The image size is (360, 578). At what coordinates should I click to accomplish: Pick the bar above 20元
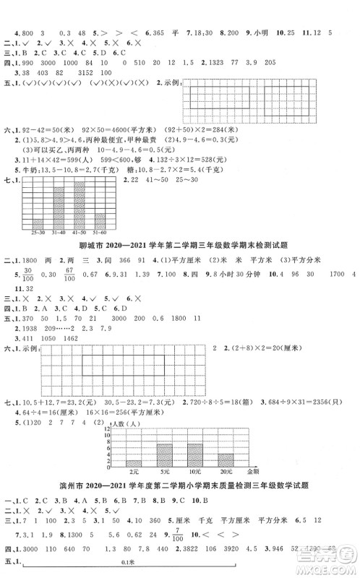(226, 460)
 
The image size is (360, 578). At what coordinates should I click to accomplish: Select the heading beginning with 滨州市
(180, 485)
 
